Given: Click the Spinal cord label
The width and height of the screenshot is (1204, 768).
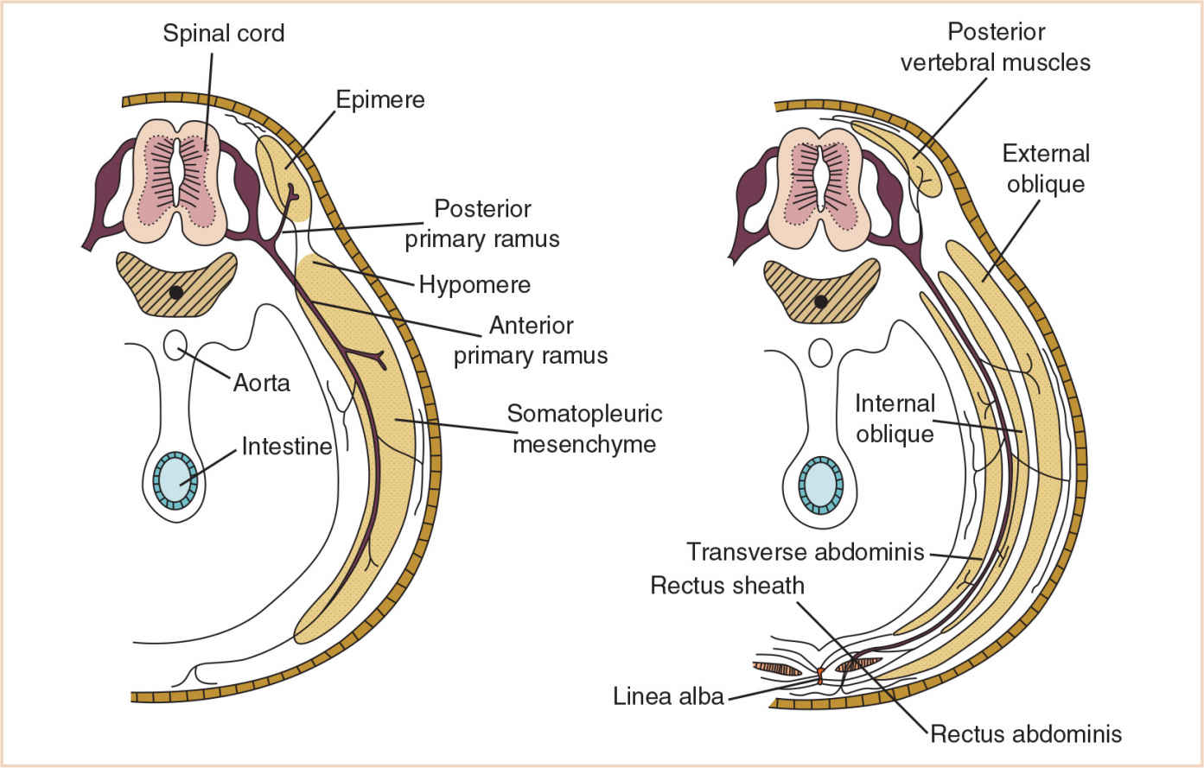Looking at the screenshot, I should (223, 34).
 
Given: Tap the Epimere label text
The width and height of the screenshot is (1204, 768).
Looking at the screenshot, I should (380, 99).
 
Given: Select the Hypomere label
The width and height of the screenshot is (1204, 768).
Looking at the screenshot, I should (475, 284).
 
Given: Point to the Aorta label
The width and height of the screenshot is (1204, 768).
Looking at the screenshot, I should (261, 382).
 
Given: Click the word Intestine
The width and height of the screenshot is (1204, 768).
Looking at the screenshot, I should (286, 446).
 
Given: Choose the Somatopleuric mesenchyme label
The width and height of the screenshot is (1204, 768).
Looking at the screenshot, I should (584, 428).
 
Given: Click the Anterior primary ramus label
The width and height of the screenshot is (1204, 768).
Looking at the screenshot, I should (531, 340).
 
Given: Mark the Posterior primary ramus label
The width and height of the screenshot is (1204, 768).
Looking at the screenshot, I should (482, 224).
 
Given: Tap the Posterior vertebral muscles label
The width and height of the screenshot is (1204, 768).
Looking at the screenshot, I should (996, 48).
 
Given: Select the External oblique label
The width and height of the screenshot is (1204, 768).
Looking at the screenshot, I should (1046, 168).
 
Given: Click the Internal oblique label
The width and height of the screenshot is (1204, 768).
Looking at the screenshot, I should (895, 418).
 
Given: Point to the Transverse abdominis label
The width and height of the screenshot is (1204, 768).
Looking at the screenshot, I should (806, 551).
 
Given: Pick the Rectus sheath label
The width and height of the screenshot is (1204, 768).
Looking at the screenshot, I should (727, 585).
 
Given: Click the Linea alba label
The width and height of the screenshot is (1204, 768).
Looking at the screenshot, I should (668, 695).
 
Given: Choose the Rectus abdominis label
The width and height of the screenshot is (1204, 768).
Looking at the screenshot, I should (1026, 734).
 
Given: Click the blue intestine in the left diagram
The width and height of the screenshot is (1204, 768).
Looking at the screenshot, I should (175, 480).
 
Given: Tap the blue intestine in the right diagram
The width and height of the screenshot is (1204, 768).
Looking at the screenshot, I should (820, 485).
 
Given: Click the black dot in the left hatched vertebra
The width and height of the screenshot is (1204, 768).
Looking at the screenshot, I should (176, 292).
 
